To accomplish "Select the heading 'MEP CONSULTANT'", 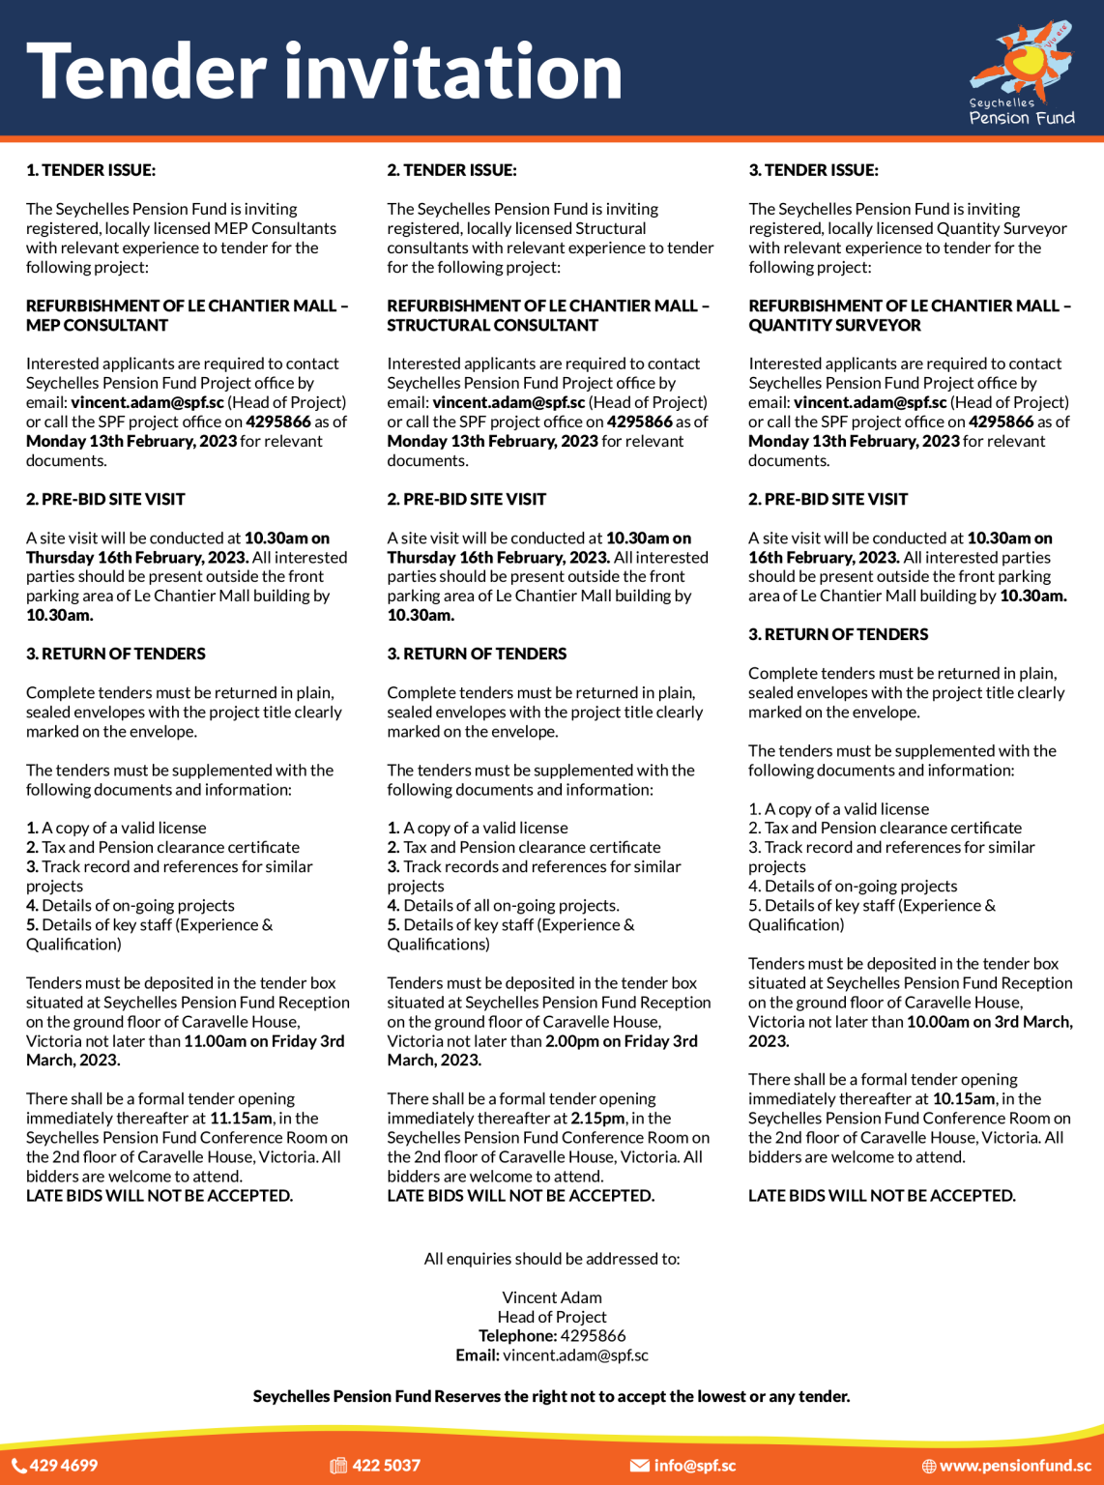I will (x=97, y=325).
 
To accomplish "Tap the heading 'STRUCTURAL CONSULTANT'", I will (x=492, y=325).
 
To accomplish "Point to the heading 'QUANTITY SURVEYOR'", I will (x=834, y=325).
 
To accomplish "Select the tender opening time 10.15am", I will (x=963, y=1099).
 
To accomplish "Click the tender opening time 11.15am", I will (x=240, y=1119).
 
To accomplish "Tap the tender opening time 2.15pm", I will (x=599, y=1119).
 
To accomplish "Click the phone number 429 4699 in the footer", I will (x=64, y=1466).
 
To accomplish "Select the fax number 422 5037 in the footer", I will (x=386, y=1466).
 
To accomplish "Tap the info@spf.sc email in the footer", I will (x=694, y=1466).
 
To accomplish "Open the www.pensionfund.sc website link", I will (x=1015, y=1466).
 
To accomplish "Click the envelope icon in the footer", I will (x=639, y=1466).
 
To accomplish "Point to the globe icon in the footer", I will (x=928, y=1467).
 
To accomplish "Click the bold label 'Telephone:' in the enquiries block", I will (x=517, y=1336).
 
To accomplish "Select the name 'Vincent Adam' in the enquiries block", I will (x=552, y=1297).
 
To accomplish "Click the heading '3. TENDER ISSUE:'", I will (x=813, y=170).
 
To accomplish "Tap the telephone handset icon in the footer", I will (x=18, y=1466).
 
